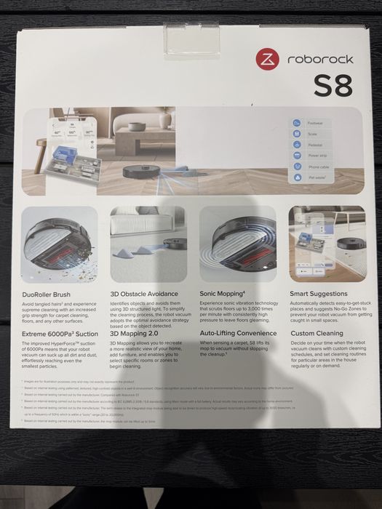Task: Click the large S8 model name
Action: point(333,87)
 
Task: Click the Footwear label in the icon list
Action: point(315,124)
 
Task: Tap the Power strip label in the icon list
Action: point(317,155)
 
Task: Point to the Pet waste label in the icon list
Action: point(317,176)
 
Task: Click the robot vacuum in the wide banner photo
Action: point(131,170)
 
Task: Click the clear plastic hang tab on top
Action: point(192,36)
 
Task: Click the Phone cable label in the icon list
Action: point(318,166)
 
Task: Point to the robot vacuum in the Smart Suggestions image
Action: point(351,244)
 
